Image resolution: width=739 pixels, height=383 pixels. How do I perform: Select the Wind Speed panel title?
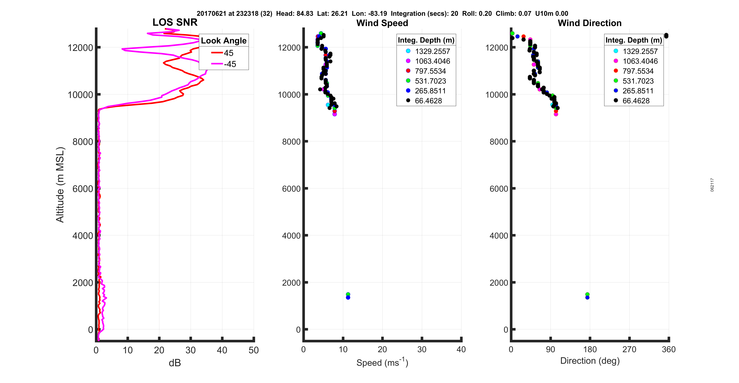[x=382, y=23]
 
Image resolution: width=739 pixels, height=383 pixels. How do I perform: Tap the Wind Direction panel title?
[x=590, y=23]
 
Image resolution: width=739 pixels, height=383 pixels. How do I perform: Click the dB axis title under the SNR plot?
[x=175, y=363]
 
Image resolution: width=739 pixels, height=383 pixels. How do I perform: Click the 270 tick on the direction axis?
[x=629, y=349]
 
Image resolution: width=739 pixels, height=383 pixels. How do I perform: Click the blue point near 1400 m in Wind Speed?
[x=348, y=298]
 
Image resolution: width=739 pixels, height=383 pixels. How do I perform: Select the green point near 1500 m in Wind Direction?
[x=587, y=294]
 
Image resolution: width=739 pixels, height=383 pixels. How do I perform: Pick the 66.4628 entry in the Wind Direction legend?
[x=636, y=101]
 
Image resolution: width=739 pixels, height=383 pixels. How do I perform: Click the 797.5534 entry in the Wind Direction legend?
[x=638, y=71]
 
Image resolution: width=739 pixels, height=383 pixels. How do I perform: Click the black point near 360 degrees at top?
[x=666, y=36]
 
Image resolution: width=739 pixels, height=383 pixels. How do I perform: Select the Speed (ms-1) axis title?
[x=382, y=362]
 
